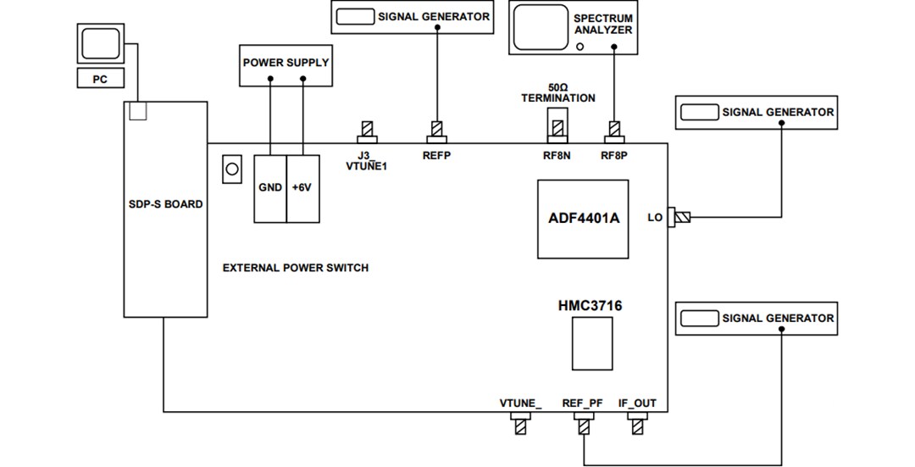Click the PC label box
pyautogui.click(x=100, y=79)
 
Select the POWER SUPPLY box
pyautogui.click(x=286, y=64)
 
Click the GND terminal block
pyautogui.click(x=270, y=188)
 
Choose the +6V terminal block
pyautogui.click(x=302, y=188)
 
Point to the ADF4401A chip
pyautogui.click(x=583, y=219)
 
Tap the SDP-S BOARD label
pyautogui.click(x=166, y=204)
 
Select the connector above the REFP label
pyautogui.click(x=436, y=132)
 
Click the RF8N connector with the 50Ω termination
pyautogui.click(x=557, y=129)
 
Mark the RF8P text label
pyautogui.click(x=614, y=156)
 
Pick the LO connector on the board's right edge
pyautogui.click(x=679, y=218)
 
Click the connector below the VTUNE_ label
pyautogui.click(x=520, y=425)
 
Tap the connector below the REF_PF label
pyautogui.click(x=583, y=425)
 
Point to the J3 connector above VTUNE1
pyautogui.click(x=367, y=132)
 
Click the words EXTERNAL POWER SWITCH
pyautogui.click(x=296, y=268)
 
